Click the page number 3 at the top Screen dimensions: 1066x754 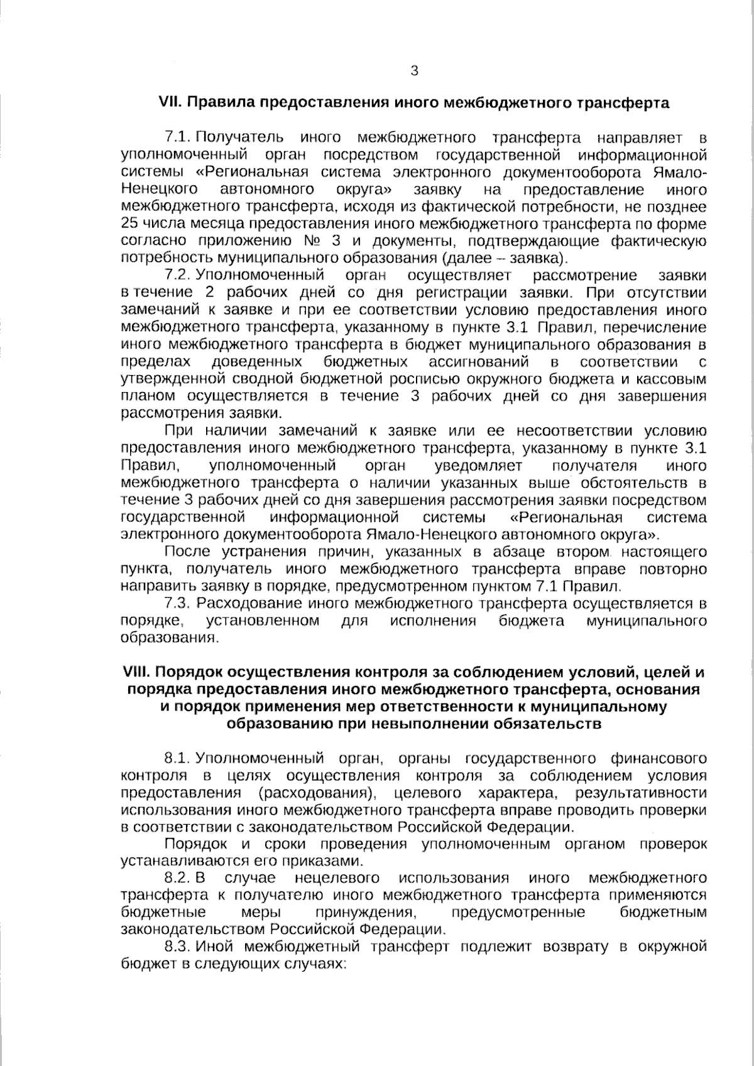(x=414, y=71)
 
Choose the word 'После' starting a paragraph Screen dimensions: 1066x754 (x=186, y=552)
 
